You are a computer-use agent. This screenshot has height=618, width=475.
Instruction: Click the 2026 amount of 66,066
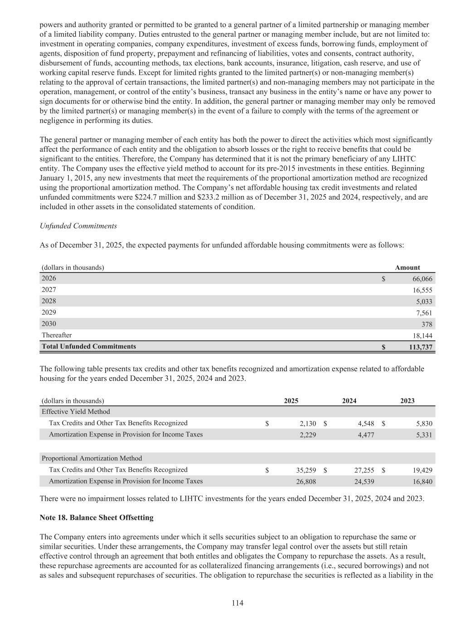[x=422, y=279]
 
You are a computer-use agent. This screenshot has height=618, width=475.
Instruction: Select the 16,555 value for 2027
[x=422, y=290]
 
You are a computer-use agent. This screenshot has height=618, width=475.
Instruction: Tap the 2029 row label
[x=49, y=312]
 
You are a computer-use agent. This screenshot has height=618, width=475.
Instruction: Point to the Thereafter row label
[x=57, y=335]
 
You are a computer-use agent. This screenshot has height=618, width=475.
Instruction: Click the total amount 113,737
[x=419, y=347]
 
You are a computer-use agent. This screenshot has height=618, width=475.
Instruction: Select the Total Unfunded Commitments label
[x=89, y=346]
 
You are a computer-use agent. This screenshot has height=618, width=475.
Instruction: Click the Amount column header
[x=407, y=268]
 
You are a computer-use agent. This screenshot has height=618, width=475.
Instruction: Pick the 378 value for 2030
[x=427, y=324]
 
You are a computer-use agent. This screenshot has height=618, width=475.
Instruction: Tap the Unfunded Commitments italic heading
[x=78, y=226]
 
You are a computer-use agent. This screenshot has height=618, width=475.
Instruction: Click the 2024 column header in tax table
[x=349, y=401]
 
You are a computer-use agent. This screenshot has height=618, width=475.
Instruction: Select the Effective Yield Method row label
[x=76, y=412]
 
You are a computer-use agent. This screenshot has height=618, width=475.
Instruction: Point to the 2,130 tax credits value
[x=308, y=423]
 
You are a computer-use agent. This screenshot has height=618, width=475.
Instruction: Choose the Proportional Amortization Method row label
[x=92, y=458]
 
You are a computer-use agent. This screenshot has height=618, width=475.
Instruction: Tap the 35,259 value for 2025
[x=306, y=470]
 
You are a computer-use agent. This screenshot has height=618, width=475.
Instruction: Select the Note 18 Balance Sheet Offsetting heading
[x=97, y=517]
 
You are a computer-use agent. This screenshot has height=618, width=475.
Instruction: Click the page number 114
[x=237, y=603]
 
